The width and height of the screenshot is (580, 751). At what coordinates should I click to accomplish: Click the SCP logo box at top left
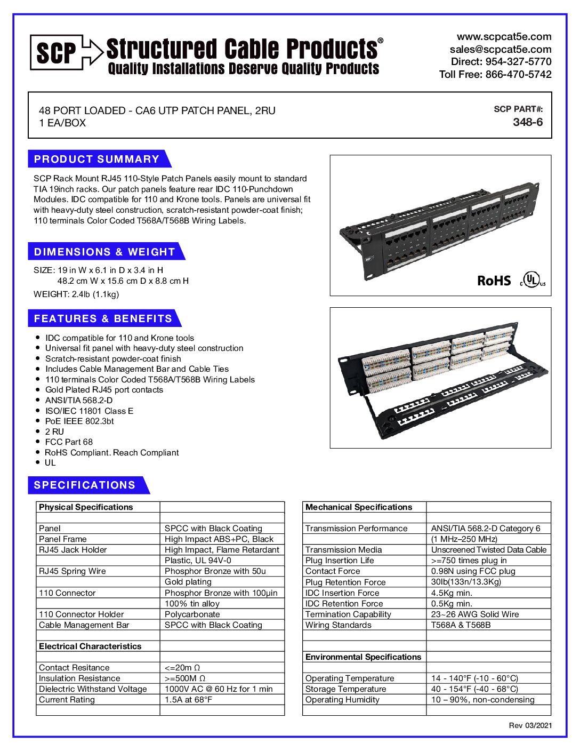[x=57, y=52]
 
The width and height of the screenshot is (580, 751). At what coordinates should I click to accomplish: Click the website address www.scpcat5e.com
[x=504, y=37]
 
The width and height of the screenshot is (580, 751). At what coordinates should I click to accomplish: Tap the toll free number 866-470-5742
[x=518, y=75]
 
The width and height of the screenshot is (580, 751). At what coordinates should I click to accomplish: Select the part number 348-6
[x=528, y=122]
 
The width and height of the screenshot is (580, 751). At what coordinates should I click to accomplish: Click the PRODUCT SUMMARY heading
[x=96, y=159]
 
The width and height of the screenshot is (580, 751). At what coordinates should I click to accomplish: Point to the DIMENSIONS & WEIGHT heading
[x=104, y=252]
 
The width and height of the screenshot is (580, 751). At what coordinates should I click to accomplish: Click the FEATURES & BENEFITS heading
[x=103, y=318]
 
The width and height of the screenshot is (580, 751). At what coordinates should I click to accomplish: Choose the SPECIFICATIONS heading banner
[x=85, y=485]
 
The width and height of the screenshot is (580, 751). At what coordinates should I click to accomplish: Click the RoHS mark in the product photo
[x=494, y=281]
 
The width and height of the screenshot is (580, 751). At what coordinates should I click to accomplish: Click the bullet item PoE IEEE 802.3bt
[x=79, y=421]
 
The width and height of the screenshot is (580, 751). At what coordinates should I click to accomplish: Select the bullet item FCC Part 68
[x=69, y=442]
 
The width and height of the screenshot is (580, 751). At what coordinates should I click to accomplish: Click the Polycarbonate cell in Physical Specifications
[x=192, y=614]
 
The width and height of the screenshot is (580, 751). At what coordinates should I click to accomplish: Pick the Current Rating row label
[x=67, y=700]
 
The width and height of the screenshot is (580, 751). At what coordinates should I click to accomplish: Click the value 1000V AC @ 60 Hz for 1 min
[x=219, y=689]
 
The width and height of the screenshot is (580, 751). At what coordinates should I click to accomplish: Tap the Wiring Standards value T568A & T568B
[x=461, y=625]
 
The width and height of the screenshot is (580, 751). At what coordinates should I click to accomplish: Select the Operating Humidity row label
[x=342, y=700]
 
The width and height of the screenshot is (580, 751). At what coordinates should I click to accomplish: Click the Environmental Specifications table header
[x=363, y=657]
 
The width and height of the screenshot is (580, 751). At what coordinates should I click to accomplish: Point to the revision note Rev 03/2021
[x=530, y=725]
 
